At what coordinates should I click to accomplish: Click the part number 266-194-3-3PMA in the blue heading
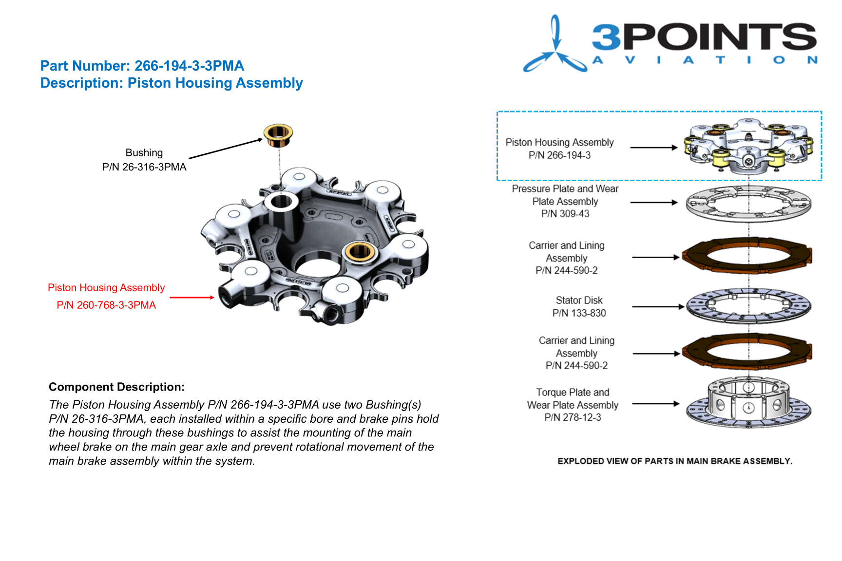(x=189, y=66)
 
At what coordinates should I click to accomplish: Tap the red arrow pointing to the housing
(x=192, y=297)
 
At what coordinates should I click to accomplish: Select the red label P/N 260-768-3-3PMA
(x=106, y=305)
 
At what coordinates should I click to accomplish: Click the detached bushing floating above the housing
(x=278, y=135)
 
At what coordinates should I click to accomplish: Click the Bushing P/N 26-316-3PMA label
(x=144, y=160)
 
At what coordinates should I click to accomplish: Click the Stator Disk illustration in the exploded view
(x=748, y=306)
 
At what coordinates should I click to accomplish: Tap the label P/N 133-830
(x=579, y=313)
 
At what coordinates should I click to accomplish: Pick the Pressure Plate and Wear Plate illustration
(x=748, y=204)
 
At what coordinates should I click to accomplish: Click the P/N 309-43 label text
(x=565, y=214)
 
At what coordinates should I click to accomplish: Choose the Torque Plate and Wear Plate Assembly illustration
(x=748, y=402)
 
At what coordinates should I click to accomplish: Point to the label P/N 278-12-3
(x=573, y=417)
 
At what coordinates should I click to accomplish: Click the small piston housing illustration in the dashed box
(x=748, y=146)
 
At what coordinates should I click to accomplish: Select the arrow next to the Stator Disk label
(x=658, y=307)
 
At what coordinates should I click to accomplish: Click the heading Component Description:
(x=117, y=387)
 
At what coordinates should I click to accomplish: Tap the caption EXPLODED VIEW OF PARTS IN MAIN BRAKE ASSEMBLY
(x=675, y=461)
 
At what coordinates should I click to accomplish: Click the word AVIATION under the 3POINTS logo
(x=705, y=60)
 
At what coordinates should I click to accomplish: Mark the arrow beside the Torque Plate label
(x=656, y=404)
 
